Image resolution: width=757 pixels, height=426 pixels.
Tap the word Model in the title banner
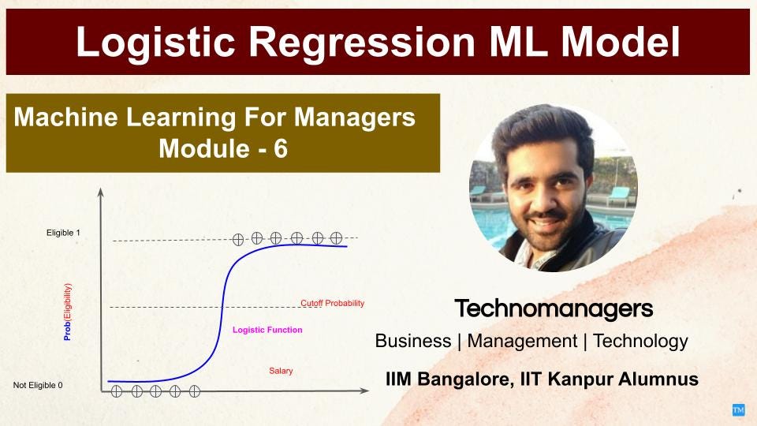click(621, 42)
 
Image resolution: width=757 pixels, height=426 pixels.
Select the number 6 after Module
click(281, 148)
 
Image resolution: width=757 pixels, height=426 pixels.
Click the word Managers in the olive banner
click(354, 118)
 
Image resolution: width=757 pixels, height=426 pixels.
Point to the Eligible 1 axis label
click(63, 233)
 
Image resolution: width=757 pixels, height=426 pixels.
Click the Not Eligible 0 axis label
click(38, 386)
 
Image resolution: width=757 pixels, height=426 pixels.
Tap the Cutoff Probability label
click(332, 303)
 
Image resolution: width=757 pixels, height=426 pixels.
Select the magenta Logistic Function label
click(267, 330)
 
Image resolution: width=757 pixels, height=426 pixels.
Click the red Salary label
click(281, 371)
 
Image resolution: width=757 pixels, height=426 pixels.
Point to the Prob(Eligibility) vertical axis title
click(68, 312)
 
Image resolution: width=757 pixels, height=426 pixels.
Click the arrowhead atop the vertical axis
click(101, 192)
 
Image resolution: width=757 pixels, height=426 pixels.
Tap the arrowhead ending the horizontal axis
click(365, 390)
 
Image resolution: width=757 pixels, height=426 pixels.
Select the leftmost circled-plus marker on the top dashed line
click(238, 240)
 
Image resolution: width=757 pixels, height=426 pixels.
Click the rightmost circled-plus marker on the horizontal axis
click(195, 391)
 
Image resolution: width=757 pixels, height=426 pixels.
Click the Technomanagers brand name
click(554, 308)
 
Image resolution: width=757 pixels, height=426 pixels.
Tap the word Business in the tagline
click(412, 341)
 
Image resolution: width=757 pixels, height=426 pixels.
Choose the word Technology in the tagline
click(640, 342)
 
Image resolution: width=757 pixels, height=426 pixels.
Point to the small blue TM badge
click(738, 410)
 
